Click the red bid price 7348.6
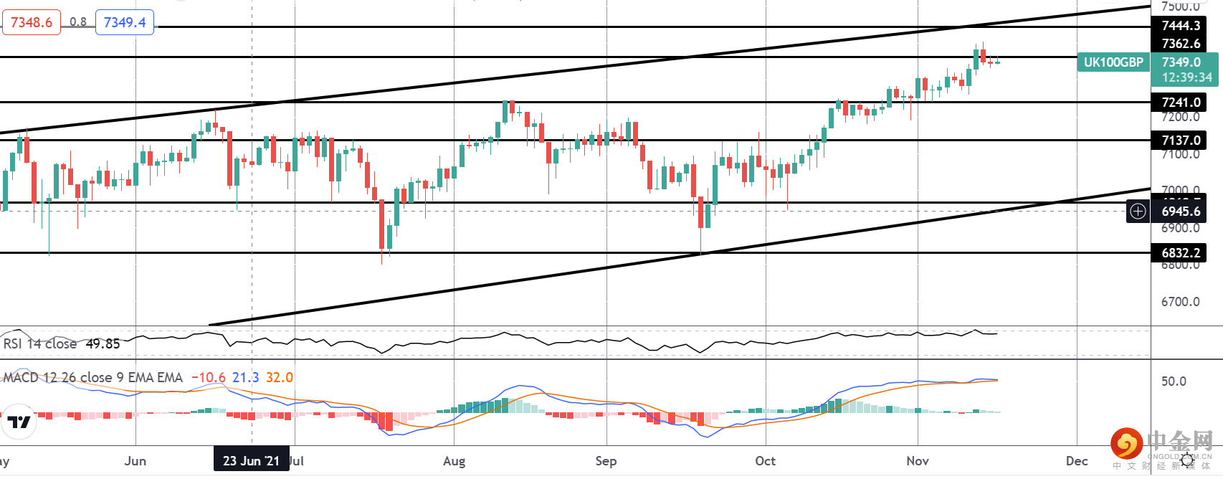point(32,22)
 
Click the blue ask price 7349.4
point(125,22)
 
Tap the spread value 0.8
point(78,22)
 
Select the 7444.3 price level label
point(1181,26)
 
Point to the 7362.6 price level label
point(1181,44)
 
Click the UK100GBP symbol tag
point(1113,62)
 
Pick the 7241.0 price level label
point(1181,103)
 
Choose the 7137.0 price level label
point(1181,141)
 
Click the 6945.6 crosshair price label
point(1181,212)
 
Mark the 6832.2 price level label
point(1181,253)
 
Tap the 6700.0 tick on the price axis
point(1180,302)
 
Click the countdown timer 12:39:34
point(1186,77)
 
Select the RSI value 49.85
point(103,344)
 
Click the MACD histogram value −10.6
point(209,378)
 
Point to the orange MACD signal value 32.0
point(280,378)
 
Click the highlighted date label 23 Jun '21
point(251,460)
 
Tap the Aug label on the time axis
point(454,461)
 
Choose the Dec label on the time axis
point(1077,461)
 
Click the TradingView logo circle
point(19,422)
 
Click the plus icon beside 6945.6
point(1138,212)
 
